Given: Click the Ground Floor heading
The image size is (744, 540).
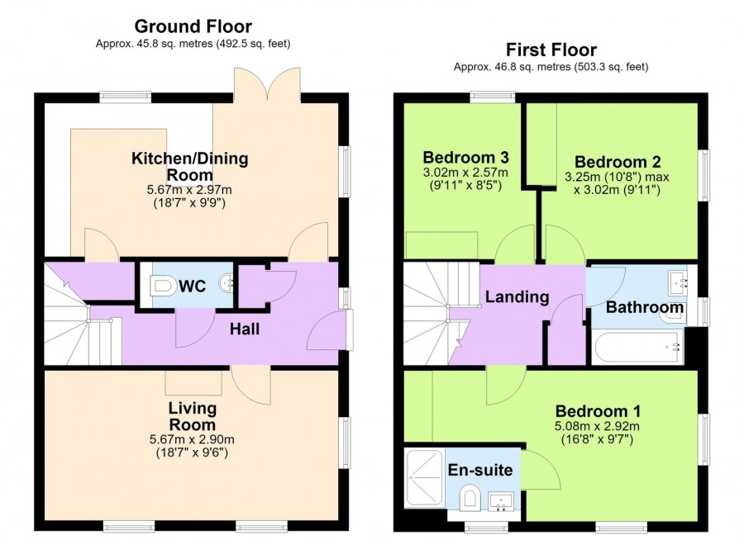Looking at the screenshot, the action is click(x=193, y=26).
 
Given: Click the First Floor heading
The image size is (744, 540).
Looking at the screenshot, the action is click(x=551, y=50).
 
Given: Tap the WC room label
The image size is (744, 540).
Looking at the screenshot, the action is click(x=192, y=286).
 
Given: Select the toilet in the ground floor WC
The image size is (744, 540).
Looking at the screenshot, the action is click(x=161, y=286).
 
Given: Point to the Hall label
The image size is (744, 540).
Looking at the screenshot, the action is click(x=245, y=329).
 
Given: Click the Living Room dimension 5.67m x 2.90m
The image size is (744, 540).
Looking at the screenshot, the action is click(x=192, y=439).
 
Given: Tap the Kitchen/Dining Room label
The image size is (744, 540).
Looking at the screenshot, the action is click(x=190, y=167).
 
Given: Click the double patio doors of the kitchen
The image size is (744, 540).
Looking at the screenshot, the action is click(x=267, y=84).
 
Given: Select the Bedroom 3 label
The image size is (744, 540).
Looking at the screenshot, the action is click(x=465, y=157).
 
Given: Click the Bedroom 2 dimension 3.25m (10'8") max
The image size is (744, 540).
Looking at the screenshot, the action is click(x=617, y=177).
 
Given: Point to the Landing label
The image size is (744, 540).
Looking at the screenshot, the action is click(x=517, y=296).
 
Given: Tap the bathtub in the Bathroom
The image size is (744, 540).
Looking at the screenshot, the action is click(x=637, y=348).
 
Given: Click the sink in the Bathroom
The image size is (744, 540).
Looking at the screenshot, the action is click(x=678, y=283).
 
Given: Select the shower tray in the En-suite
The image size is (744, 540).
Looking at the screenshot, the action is click(x=425, y=478).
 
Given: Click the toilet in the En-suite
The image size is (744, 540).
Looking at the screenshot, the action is click(x=470, y=498).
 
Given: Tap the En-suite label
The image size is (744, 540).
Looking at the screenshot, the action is click(x=480, y=470).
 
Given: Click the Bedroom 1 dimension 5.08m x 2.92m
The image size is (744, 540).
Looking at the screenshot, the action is click(x=597, y=426).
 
